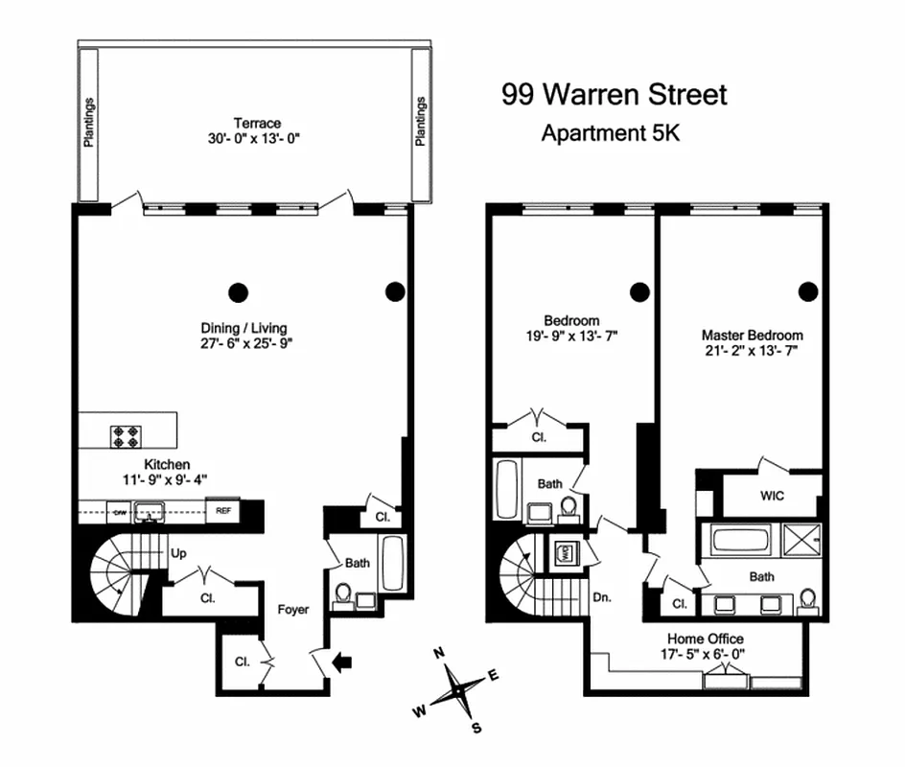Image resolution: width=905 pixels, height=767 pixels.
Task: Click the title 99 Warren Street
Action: point(615,94)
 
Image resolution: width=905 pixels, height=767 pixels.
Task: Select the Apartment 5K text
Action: point(610,133)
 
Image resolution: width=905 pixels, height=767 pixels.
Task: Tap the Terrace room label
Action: point(257,123)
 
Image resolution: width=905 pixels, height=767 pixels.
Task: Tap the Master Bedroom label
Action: point(752,336)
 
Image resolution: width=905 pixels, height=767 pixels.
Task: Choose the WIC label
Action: point(772,497)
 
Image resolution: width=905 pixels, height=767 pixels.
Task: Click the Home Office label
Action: point(705,639)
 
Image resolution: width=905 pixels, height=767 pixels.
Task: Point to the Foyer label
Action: point(293,609)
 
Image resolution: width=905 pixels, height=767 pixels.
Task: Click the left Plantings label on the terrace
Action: point(89,122)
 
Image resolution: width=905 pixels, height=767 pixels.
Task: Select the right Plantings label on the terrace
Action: point(420,122)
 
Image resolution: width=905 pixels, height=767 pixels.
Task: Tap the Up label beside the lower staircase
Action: point(178,554)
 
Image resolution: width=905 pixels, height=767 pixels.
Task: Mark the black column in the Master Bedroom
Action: point(809,291)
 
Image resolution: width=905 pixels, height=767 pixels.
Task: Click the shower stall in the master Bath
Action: point(801,540)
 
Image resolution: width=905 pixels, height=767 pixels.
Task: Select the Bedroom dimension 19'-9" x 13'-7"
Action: point(571,336)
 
